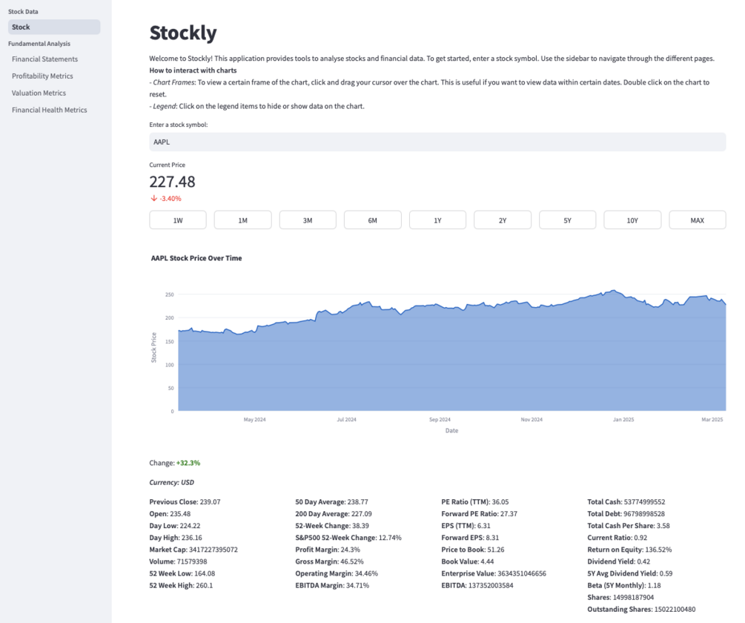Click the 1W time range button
(x=178, y=220)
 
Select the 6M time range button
(x=372, y=220)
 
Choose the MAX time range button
(x=697, y=220)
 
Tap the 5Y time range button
(x=567, y=220)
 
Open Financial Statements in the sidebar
(x=44, y=59)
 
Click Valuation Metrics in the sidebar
(x=39, y=93)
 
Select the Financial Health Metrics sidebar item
(x=49, y=110)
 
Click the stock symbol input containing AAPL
(x=437, y=142)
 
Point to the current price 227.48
(x=172, y=182)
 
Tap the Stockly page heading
(x=183, y=33)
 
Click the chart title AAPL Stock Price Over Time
(x=196, y=258)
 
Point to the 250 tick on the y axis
(x=169, y=294)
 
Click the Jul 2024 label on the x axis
(x=346, y=420)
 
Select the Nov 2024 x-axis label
(x=532, y=420)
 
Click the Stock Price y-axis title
(x=154, y=347)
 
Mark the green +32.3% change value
(x=188, y=463)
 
